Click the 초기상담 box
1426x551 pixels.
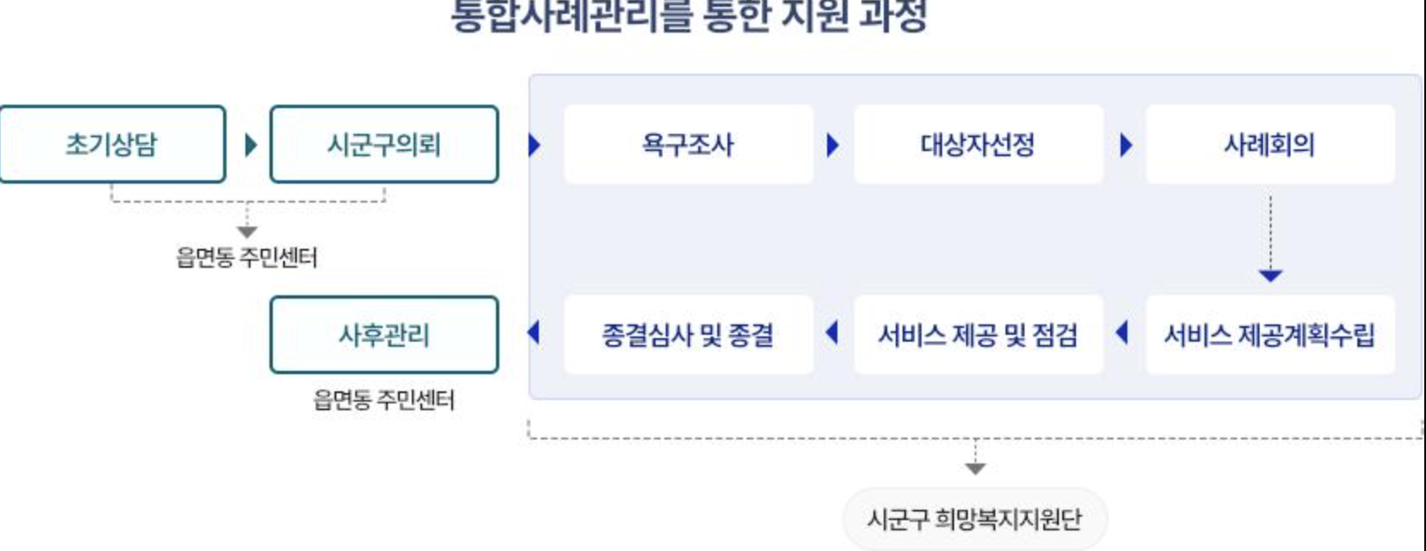click(112, 144)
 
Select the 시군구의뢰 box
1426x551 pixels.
click(384, 144)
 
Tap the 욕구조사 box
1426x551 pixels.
click(688, 144)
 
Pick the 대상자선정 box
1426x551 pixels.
click(978, 144)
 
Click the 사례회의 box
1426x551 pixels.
click(1270, 144)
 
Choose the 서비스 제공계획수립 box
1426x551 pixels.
click(1270, 335)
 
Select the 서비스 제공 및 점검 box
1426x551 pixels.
click(978, 335)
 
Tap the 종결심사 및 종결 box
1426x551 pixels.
click(688, 335)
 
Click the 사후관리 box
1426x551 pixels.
click(384, 335)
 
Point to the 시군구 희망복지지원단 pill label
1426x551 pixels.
click(975, 518)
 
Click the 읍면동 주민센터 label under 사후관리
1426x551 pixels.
click(384, 400)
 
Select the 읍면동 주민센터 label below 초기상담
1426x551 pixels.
click(247, 257)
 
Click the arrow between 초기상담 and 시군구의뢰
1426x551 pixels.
click(251, 144)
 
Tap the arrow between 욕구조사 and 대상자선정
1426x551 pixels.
click(832, 144)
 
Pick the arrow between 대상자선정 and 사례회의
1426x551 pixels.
click(1126, 144)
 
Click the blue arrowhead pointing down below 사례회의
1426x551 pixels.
click(1270, 275)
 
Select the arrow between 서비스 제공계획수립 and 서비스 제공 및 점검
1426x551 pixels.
click(1121, 332)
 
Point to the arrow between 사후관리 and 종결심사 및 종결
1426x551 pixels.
click(534, 332)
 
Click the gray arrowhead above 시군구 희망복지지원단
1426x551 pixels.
click(975, 469)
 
